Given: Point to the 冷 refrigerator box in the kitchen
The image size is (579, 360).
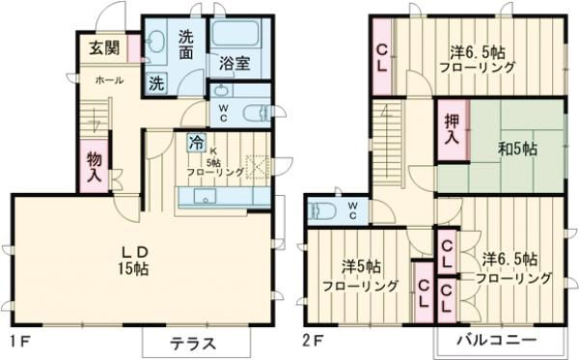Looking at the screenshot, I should pos(196,142).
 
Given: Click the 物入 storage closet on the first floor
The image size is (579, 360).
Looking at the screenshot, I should pos(95,167).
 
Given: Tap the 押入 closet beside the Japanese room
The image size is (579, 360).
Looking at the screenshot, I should pos(451,130).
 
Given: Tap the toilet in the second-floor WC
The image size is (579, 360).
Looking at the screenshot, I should pos(321,208).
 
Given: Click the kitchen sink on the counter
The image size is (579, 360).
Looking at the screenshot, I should pos(206,197).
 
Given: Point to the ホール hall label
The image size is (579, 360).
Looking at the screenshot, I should pos(108,81).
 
